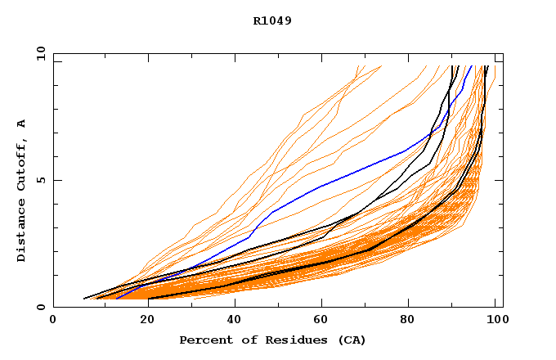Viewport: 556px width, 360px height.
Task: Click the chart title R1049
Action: click(272, 20)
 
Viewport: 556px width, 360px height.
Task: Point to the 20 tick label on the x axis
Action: click(142, 320)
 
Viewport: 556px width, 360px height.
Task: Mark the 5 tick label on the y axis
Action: click(40, 180)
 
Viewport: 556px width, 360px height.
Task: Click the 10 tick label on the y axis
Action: click(38, 52)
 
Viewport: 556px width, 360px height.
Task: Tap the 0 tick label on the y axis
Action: click(40, 307)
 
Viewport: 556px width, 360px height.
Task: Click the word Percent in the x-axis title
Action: click(204, 340)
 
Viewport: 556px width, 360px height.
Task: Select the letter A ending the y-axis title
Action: click(21, 124)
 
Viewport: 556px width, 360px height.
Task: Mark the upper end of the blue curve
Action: click(472, 65)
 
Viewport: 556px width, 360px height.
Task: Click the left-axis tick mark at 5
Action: click(56, 180)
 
